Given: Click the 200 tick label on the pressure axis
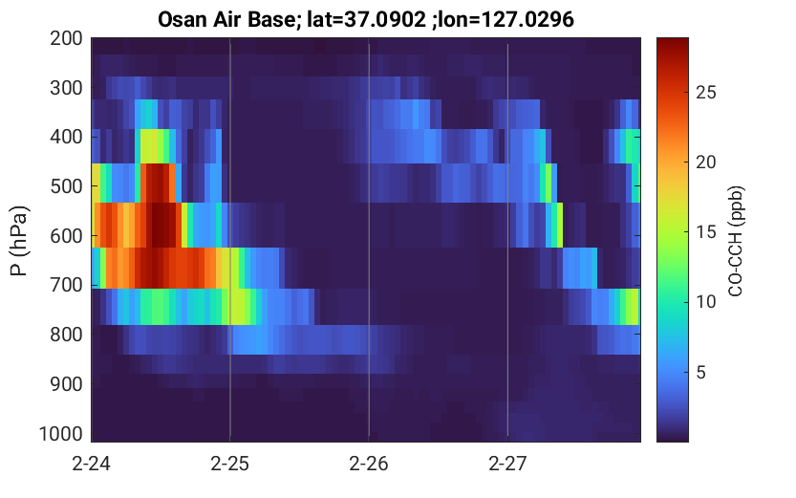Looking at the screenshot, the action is click(66, 38).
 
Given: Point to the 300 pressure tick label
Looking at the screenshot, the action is click(66, 88).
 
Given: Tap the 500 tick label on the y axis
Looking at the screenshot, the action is click(66, 186).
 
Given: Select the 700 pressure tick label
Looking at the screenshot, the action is click(66, 285).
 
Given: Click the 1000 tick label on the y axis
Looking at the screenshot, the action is click(61, 434).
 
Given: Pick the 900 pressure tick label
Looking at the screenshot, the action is click(66, 384).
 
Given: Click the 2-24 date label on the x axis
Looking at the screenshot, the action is click(92, 464).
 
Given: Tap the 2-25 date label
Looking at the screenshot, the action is click(230, 464).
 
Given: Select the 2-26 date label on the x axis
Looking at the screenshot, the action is click(369, 464).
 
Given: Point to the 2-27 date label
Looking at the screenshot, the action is click(507, 464).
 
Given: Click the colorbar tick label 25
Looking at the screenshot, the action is click(705, 93).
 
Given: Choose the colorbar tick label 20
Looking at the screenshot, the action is click(705, 162).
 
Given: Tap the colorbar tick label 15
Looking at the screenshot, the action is click(705, 232).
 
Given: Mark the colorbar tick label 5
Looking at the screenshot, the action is click(700, 373).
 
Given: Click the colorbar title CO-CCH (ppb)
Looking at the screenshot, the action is click(736, 241).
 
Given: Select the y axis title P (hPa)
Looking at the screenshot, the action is click(19, 241).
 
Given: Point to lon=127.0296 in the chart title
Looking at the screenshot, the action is click(506, 19).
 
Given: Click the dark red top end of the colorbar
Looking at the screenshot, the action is click(673, 39).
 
